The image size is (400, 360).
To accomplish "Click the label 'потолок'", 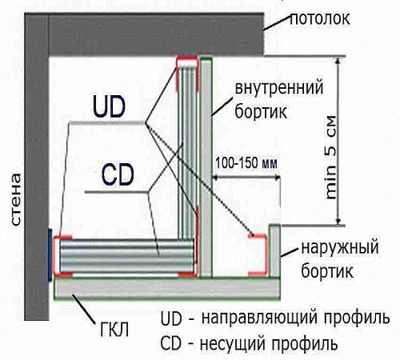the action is point(320,19).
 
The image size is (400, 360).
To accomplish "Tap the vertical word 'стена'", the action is point(16,199).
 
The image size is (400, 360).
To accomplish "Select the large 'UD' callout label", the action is point(109,107).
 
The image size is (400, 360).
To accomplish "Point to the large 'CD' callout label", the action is point(118,174).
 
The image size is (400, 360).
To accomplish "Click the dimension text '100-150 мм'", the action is point(246,163).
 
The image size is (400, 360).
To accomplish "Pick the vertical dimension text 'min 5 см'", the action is point(331,158).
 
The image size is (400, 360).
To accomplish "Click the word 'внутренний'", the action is point(279,88).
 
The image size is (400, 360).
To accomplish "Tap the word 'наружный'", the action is point(340,248).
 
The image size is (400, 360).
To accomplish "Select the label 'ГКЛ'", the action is point(114,330).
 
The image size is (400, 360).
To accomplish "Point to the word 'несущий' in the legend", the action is point(233,343).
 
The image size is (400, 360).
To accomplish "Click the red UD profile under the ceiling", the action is point(187,74).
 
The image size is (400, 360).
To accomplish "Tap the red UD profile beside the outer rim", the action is point(258,255).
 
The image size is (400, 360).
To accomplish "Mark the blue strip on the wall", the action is point(50,254).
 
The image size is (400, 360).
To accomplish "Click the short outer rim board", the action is point(274,251).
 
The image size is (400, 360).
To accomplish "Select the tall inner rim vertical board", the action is point(206,168).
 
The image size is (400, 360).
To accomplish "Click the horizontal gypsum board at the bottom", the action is point(167,289).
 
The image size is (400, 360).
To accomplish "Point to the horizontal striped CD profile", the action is point(127,256).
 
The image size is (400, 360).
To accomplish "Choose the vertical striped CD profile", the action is point(187,152).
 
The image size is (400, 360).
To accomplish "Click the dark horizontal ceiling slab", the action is point(156,34).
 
